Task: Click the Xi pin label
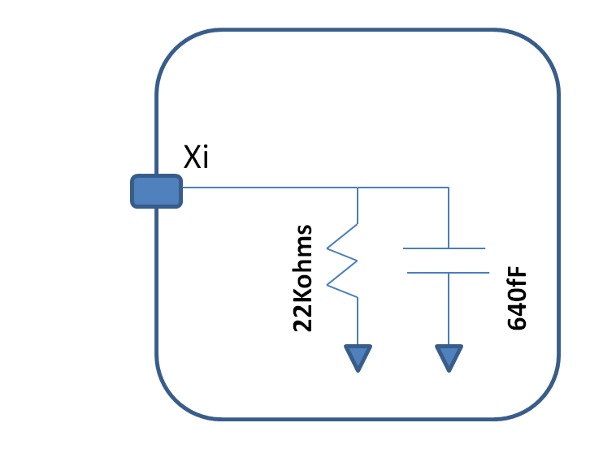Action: [196, 157]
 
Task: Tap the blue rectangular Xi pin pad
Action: [157, 191]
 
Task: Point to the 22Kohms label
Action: [302, 278]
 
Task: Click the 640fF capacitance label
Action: [517, 297]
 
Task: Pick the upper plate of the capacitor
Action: [445, 248]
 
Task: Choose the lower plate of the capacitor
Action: [448, 273]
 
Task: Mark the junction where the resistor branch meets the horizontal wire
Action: [358, 188]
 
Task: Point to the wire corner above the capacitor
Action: [449, 188]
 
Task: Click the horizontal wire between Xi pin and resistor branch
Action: [268, 188]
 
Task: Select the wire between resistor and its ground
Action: [358, 321]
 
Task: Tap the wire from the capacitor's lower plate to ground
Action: [449, 309]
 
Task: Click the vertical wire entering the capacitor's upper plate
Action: [449, 218]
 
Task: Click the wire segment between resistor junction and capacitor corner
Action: [403, 188]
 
